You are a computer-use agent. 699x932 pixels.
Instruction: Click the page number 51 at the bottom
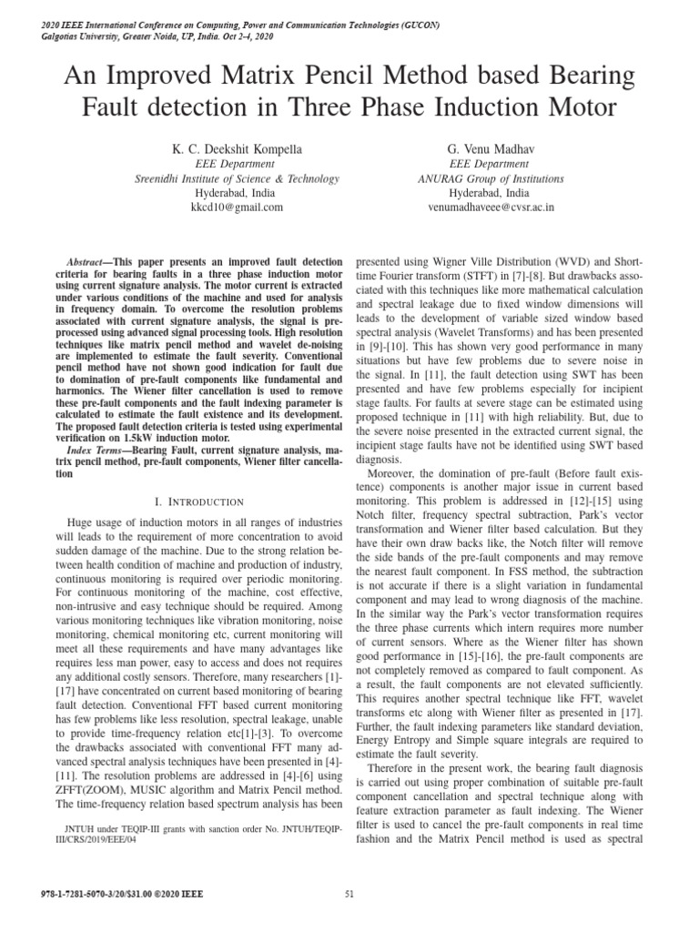349,894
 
